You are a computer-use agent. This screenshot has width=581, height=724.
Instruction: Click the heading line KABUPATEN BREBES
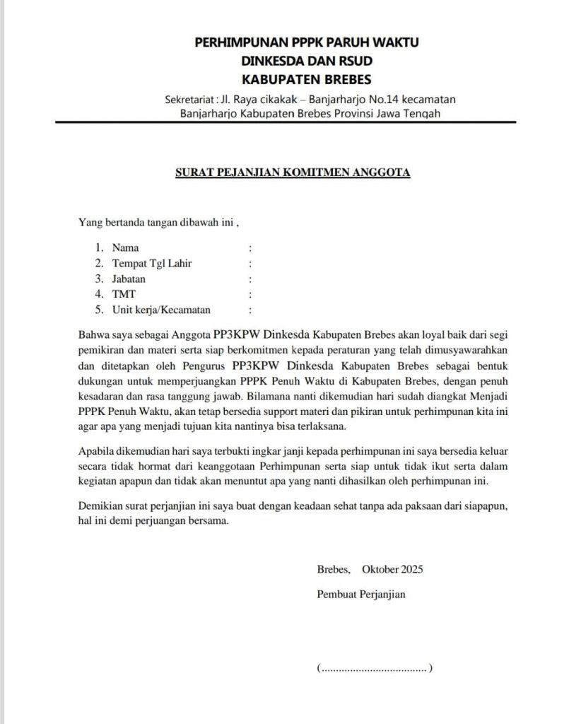(306, 78)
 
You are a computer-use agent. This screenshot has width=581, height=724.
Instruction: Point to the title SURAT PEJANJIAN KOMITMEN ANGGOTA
(293, 172)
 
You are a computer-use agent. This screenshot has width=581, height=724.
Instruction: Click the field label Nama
(125, 248)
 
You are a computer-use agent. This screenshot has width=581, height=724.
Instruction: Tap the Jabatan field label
(129, 279)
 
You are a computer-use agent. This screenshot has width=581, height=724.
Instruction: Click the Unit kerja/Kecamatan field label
(161, 310)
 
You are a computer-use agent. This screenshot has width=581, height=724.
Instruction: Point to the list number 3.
(99, 279)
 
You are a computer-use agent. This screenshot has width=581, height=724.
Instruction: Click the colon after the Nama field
(250, 248)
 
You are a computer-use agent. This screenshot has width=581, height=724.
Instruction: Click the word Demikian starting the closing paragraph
(99, 508)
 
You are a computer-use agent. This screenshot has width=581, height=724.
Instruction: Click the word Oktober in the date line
(380, 569)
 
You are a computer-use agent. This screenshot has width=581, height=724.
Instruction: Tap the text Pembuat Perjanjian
(361, 595)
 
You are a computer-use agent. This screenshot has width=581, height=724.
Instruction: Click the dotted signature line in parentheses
(375, 668)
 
